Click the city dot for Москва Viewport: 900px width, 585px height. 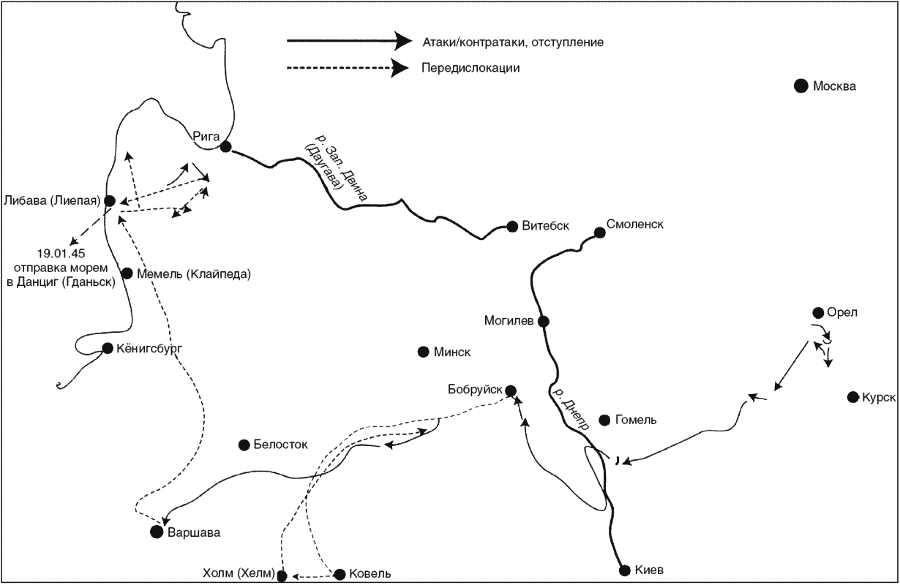(x=800, y=86)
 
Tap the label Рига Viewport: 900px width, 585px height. (x=206, y=137)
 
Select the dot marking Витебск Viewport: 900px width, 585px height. (x=512, y=227)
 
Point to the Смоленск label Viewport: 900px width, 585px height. (x=635, y=224)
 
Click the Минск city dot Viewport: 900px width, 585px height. (x=423, y=352)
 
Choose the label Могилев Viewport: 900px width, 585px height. (x=509, y=320)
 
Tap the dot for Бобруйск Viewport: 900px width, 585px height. (x=511, y=390)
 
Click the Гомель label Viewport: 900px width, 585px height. (x=636, y=420)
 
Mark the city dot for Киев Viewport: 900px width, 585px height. (x=625, y=570)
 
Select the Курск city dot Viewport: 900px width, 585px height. (x=853, y=398)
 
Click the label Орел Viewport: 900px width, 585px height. (x=842, y=312)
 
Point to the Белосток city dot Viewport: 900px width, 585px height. (x=244, y=445)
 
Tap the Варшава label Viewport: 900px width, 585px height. (x=194, y=533)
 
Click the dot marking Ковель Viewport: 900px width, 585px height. (x=340, y=575)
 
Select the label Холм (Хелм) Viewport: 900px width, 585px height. (x=239, y=573)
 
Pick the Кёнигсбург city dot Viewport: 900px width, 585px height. (x=108, y=349)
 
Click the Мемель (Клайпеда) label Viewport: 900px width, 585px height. (x=194, y=274)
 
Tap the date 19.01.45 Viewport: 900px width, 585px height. (x=61, y=254)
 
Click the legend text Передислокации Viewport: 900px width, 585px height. (x=470, y=68)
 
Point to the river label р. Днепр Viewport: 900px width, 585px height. (x=571, y=409)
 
